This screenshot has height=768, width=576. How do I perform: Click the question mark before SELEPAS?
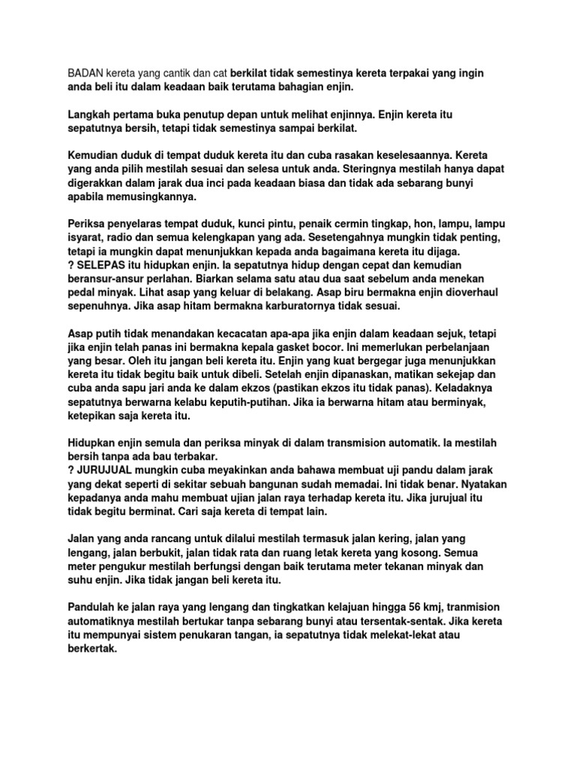click(x=71, y=267)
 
